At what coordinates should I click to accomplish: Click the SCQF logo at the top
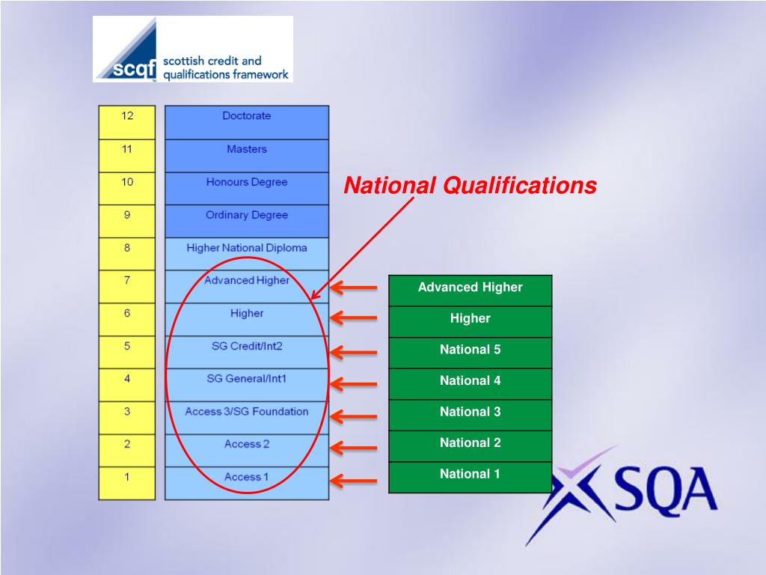pyautogui.click(x=193, y=49)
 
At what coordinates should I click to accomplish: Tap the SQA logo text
pyautogui.click(x=666, y=490)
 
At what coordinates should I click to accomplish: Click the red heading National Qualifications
pyautogui.click(x=470, y=186)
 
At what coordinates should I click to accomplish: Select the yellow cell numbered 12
pyautogui.click(x=127, y=122)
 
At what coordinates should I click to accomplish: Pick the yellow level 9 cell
pyautogui.click(x=127, y=221)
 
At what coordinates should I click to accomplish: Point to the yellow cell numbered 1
pyautogui.click(x=127, y=483)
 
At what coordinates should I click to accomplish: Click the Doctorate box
pyautogui.click(x=247, y=122)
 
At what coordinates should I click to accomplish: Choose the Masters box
pyautogui.click(x=247, y=156)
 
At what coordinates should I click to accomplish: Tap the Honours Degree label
pyautogui.click(x=247, y=182)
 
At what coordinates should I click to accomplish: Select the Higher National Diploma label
pyautogui.click(x=247, y=248)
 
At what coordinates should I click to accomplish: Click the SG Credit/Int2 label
pyautogui.click(x=247, y=346)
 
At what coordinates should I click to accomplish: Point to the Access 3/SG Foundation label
pyautogui.click(x=247, y=412)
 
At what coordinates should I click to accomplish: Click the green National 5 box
pyautogui.click(x=470, y=353)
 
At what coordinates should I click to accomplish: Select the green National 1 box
pyautogui.click(x=470, y=477)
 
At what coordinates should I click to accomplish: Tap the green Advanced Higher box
pyautogui.click(x=470, y=290)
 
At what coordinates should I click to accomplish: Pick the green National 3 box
pyautogui.click(x=470, y=415)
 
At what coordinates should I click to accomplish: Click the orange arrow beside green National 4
pyautogui.click(x=354, y=384)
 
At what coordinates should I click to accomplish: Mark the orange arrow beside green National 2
pyautogui.click(x=354, y=448)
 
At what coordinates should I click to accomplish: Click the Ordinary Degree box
pyautogui.click(x=247, y=221)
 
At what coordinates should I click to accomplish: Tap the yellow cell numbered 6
pyautogui.click(x=127, y=319)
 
